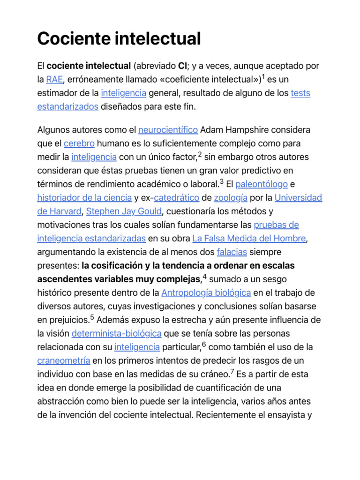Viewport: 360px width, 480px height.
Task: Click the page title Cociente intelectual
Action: coord(119,38)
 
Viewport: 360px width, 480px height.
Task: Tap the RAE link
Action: coord(55,80)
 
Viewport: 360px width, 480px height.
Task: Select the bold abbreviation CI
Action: coord(183,66)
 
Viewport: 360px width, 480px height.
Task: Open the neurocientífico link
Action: coord(168,129)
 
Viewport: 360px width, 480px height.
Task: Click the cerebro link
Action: coord(79,143)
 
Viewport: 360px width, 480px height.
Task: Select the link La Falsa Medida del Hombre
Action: coord(249,239)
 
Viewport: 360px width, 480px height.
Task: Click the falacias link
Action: coord(232,252)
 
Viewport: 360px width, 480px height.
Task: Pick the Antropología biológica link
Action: coord(206,293)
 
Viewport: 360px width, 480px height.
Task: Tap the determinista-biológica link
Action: coord(117,334)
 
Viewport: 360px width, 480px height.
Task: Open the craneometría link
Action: coord(63,361)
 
